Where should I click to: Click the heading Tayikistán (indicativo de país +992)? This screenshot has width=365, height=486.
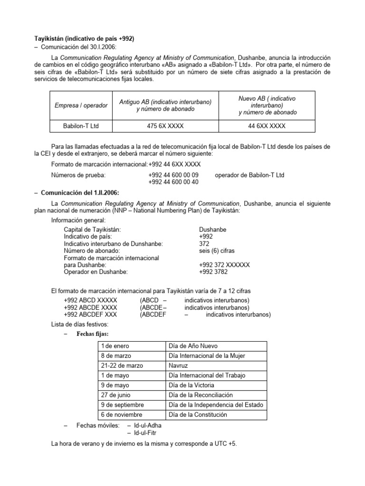coord(81,38)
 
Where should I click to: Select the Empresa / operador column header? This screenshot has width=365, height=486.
coord(81,105)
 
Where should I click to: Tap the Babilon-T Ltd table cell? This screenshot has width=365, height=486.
coord(81,126)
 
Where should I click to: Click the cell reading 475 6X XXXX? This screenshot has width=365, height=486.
coord(165,126)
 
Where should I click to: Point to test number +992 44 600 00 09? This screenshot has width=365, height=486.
coord(173,175)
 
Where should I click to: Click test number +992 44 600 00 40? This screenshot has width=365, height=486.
coord(173,182)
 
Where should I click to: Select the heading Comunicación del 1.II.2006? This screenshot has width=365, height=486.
coord(79,193)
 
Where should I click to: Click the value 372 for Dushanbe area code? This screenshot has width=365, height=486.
coord(205,243)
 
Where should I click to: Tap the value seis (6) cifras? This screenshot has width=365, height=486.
coord(217,251)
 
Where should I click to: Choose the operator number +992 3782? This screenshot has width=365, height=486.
coord(213,272)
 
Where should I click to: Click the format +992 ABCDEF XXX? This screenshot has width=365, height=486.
coord(90,315)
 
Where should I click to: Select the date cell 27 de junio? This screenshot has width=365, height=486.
coord(115,395)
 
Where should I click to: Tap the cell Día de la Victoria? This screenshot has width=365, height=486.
coord(192,385)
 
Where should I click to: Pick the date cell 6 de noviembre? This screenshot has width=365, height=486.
coord(121,414)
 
